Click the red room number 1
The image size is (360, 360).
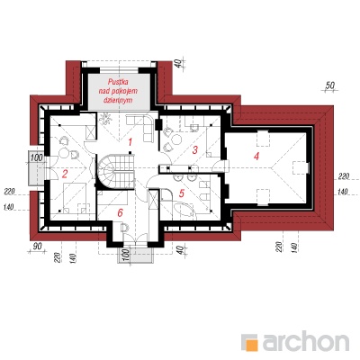point(130,142)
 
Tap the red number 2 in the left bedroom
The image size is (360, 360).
point(65,174)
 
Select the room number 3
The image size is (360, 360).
point(195,149)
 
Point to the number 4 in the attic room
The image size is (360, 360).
point(256,156)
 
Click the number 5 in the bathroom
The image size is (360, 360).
point(182,193)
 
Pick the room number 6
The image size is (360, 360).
point(120,213)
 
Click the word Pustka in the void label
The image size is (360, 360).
point(119,82)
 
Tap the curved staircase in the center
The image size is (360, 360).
point(115,172)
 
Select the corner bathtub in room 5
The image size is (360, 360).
point(184,210)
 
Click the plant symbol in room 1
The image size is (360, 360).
point(105,120)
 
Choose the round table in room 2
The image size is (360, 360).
point(64,153)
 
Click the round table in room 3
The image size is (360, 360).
point(176,140)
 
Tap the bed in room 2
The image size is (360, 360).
point(75,197)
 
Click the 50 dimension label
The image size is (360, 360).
point(329,85)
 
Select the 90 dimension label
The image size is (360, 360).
point(37,247)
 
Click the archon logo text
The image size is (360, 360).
point(306,341)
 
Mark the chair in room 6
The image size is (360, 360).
point(124,228)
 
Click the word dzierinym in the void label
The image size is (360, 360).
point(118,101)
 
